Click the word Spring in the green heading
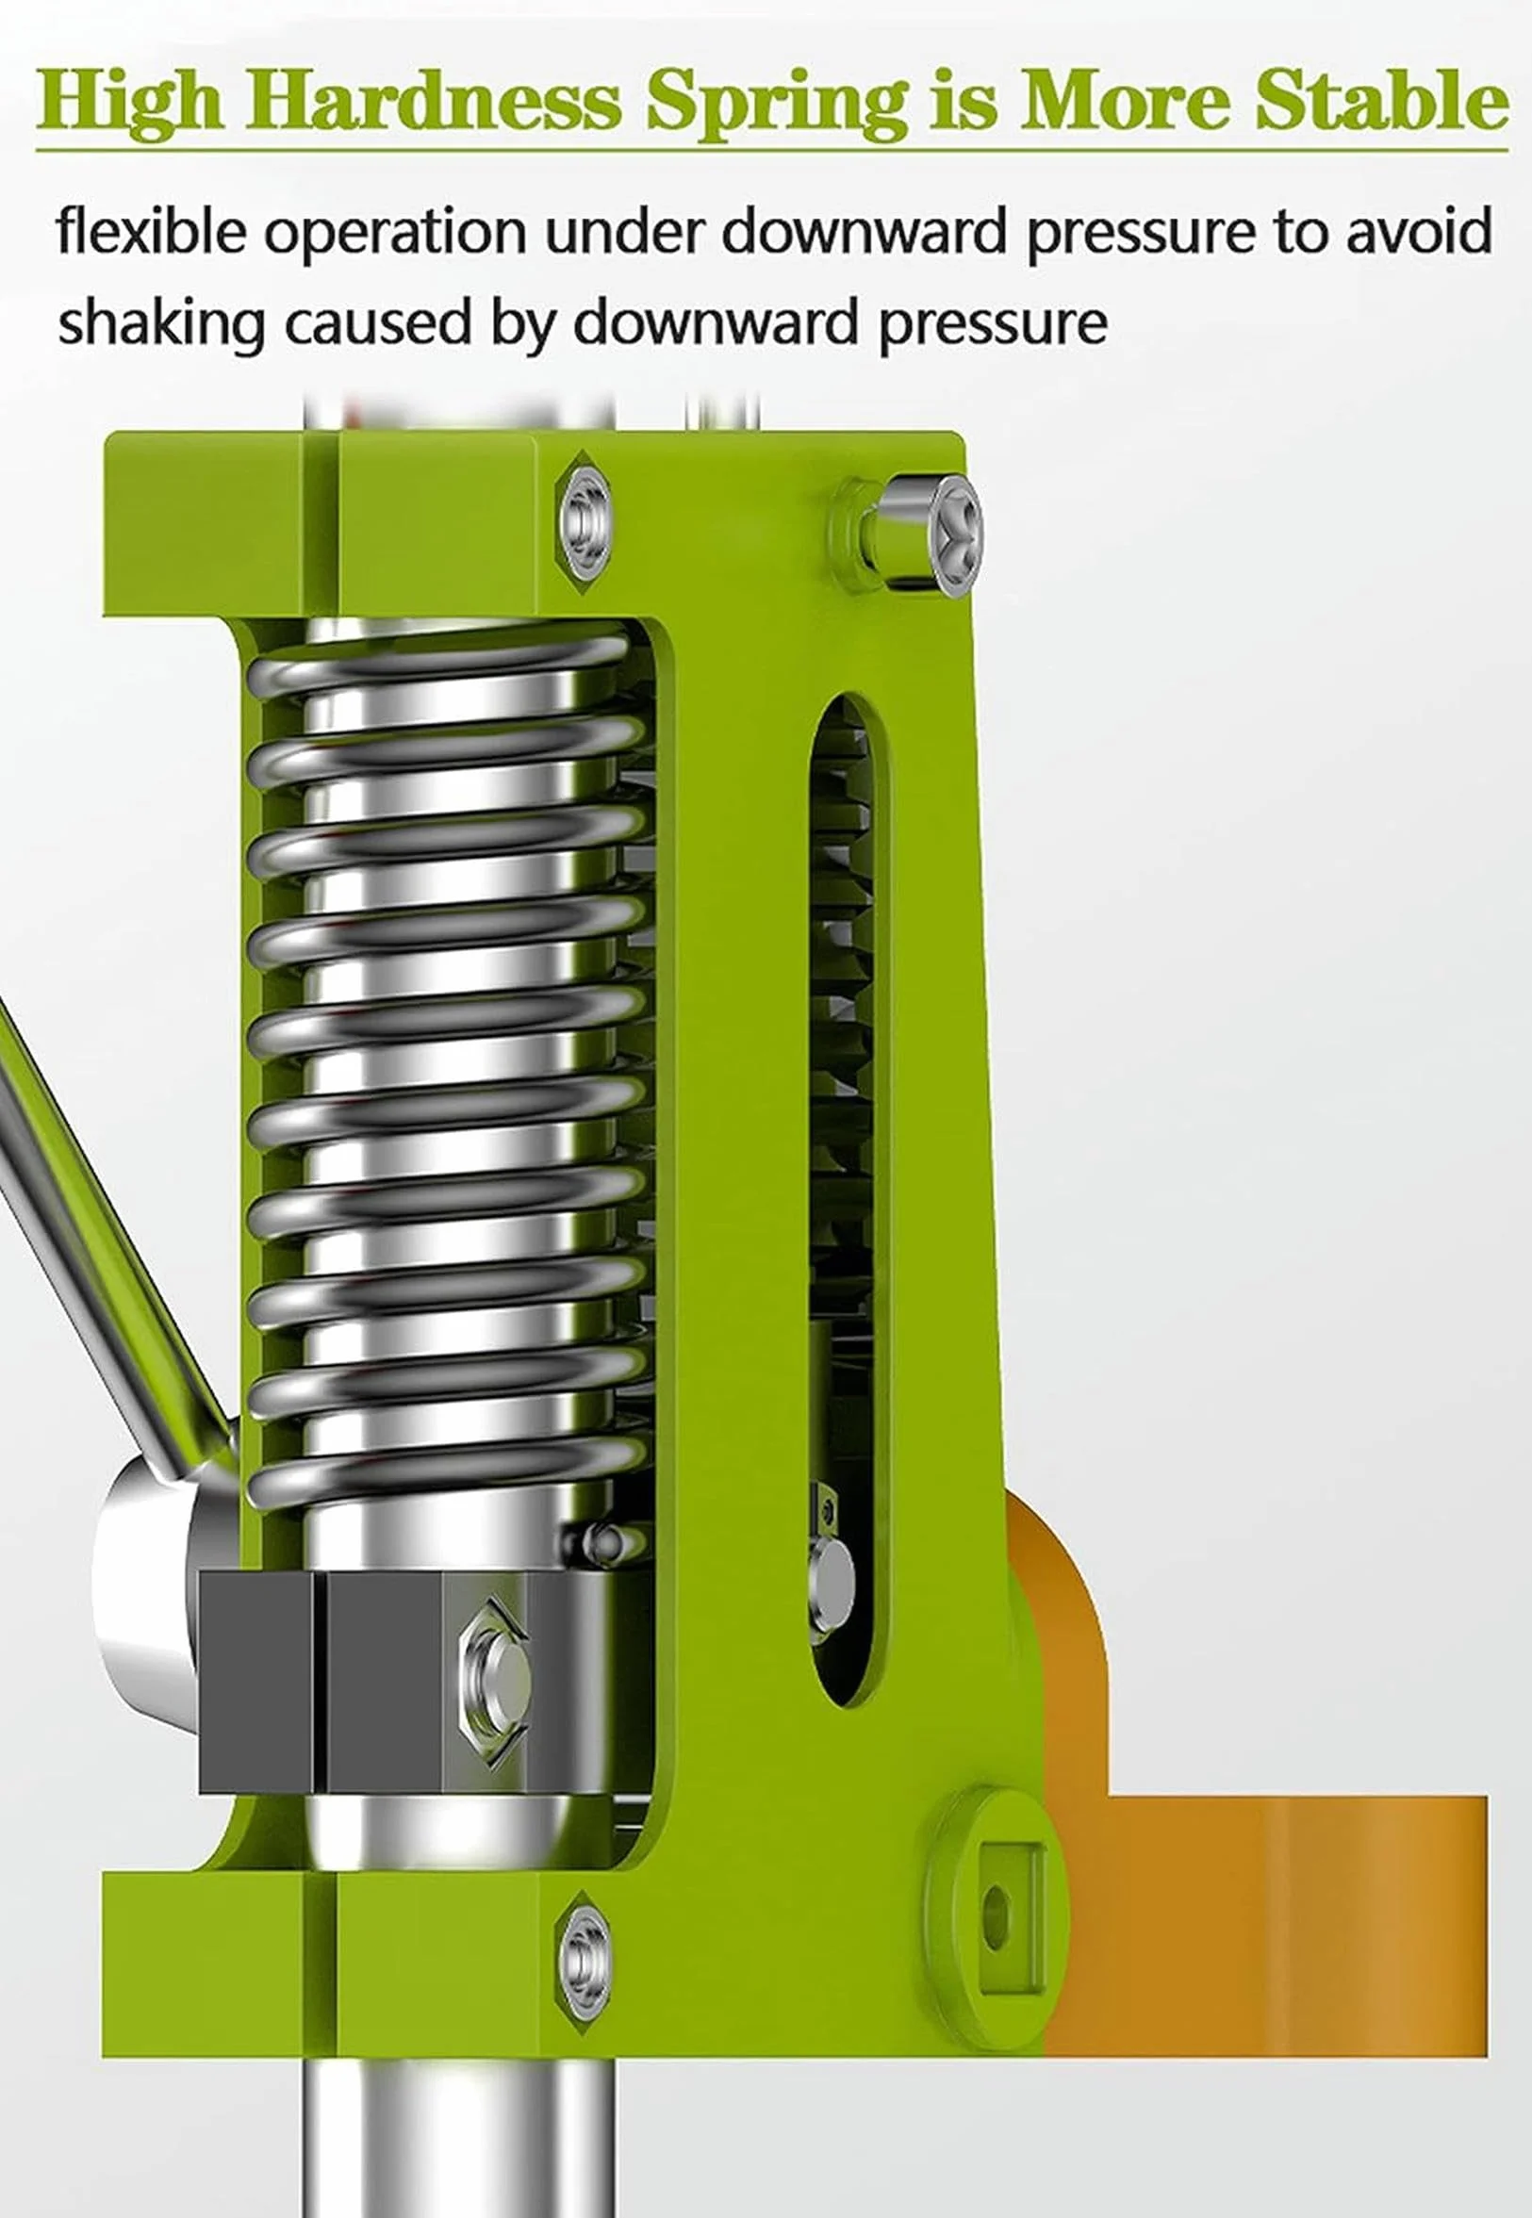777,105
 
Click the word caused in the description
378,322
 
